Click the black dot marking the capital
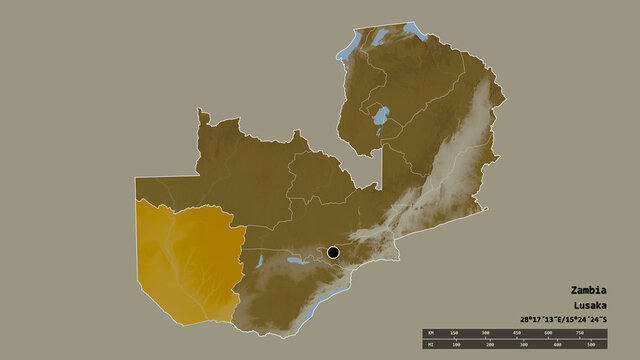(333, 253)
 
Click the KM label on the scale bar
(431, 333)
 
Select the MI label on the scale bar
(431, 345)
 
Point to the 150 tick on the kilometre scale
(454, 333)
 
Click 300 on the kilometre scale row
(485, 333)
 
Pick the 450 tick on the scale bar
(516, 333)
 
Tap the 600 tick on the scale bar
(547, 333)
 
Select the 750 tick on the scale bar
(579, 333)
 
